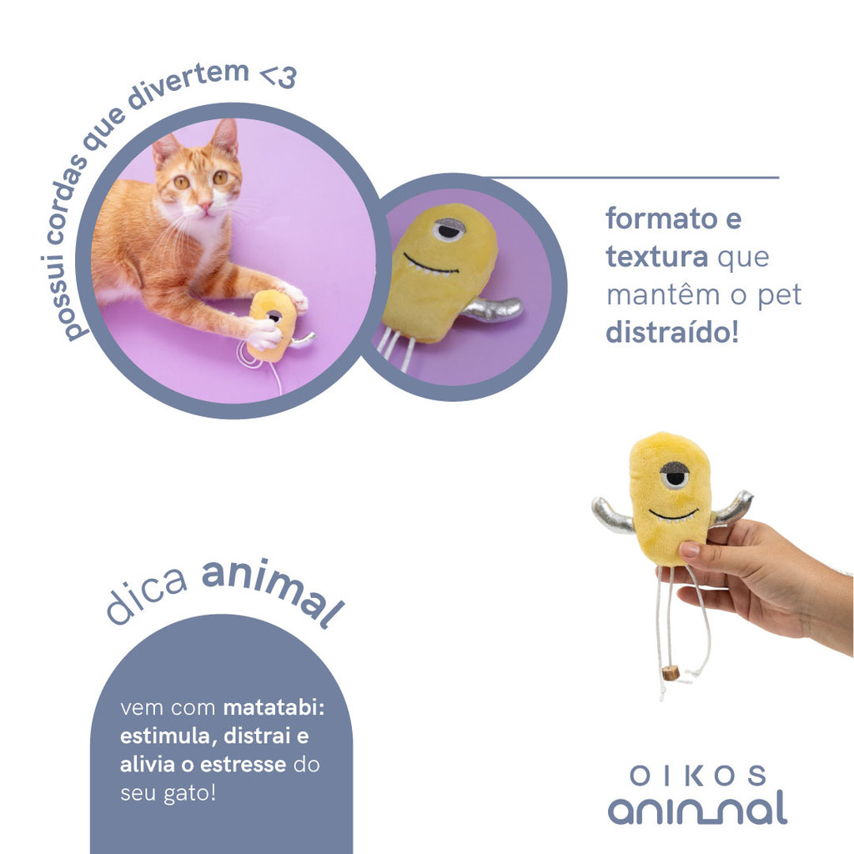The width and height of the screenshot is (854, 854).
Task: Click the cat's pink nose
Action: tap(205, 206)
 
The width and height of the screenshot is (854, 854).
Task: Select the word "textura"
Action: tap(657, 257)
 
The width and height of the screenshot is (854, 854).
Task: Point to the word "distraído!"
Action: tap(672, 332)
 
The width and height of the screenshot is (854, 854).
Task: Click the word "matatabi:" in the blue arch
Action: tap(274, 707)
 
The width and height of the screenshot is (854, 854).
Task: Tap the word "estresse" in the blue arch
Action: tap(243, 764)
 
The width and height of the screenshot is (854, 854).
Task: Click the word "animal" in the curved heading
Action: tap(274, 591)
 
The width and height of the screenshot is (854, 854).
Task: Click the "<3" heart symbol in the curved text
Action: tap(279, 76)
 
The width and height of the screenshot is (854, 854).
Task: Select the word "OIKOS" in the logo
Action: tap(698, 776)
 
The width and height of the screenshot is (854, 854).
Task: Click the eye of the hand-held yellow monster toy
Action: tap(676, 475)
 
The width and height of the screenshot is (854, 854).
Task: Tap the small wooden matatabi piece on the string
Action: tap(673, 673)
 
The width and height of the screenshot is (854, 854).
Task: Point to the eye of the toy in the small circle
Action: tap(450, 229)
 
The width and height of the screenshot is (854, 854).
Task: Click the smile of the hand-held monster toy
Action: tap(673, 515)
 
